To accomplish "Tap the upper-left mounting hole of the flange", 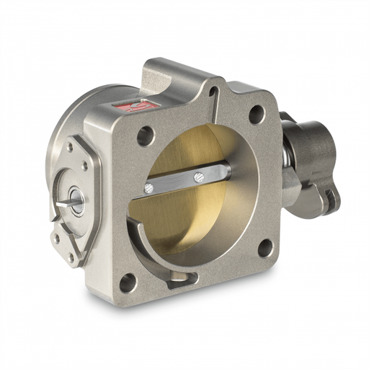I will (x=145, y=135).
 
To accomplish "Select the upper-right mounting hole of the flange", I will (x=256, y=113).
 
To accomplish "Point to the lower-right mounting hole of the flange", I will (x=264, y=247).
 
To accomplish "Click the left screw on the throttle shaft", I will (x=148, y=188).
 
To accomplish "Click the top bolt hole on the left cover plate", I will (x=70, y=147).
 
